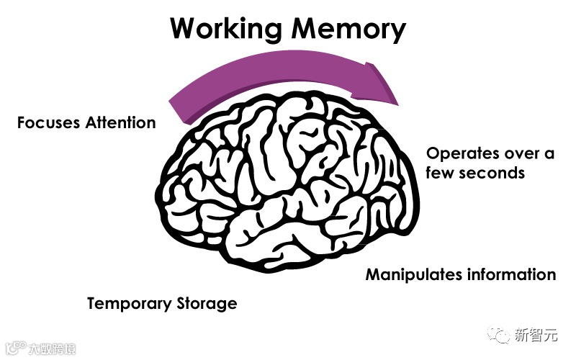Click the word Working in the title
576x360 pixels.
tap(225, 30)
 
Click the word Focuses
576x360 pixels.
tap(48, 122)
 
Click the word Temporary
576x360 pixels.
tap(129, 304)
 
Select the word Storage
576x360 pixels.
tap(207, 304)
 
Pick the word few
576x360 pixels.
tap(441, 174)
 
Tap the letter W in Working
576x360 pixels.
tap(184, 30)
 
